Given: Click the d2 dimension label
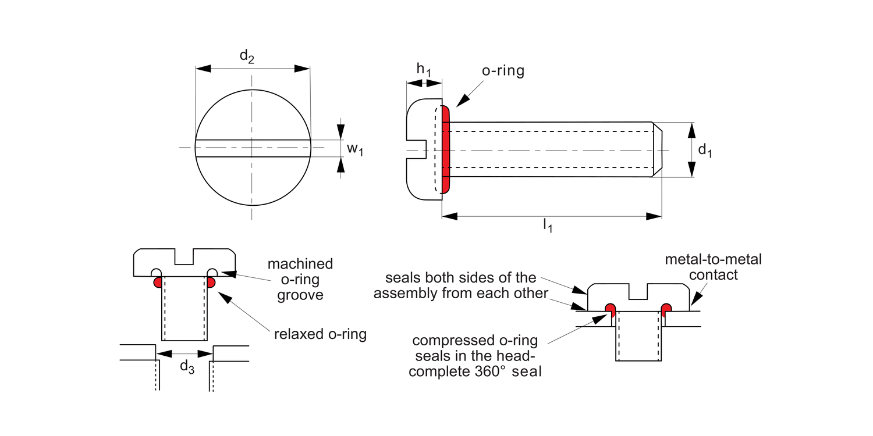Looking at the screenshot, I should [x=247, y=57].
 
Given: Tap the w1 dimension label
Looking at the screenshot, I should [x=354, y=149].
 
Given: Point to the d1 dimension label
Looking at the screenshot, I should [x=705, y=150].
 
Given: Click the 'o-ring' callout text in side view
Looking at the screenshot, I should [x=503, y=72].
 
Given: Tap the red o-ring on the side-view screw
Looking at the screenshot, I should [x=446, y=150].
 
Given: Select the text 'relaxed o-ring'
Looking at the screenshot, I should [x=320, y=335].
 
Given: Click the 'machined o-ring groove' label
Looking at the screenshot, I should [x=300, y=280].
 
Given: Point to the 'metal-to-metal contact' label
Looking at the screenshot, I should [x=713, y=267].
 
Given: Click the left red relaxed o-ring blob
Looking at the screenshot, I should [x=158, y=283].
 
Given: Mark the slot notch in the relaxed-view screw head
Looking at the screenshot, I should [x=184, y=256].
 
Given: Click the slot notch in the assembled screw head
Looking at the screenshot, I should [x=638, y=291].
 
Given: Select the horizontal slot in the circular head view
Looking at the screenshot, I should [x=253, y=148].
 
